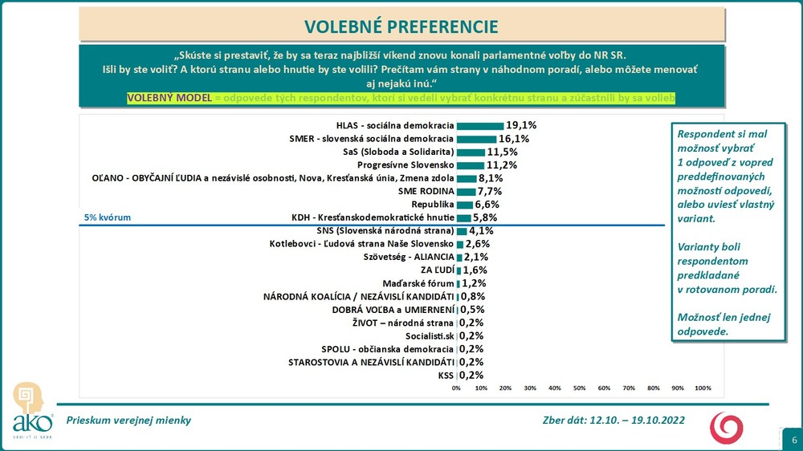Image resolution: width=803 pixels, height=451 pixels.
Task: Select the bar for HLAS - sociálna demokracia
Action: point(479,126)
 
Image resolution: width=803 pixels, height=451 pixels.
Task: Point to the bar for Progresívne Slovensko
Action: point(470,165)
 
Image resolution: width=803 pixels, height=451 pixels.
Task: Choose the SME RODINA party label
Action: point(426,191)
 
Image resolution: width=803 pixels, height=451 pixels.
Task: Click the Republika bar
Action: point(464,205)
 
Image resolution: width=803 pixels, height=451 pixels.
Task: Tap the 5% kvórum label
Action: point(108,217)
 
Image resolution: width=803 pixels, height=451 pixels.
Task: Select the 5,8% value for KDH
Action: point(484,217)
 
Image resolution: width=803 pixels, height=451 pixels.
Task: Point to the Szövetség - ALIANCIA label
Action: point(409,257)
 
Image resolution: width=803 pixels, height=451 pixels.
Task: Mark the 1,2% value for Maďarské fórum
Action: point(473,283)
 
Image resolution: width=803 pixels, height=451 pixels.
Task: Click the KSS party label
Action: point(445,375)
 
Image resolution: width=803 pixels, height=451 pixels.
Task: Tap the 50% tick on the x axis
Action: point(579,388)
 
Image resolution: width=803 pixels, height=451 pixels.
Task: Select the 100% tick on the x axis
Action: point(703,388)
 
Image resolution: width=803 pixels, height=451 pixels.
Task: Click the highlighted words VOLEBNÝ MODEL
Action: point(168,97)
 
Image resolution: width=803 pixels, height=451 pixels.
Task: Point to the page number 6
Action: point(794,440)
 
